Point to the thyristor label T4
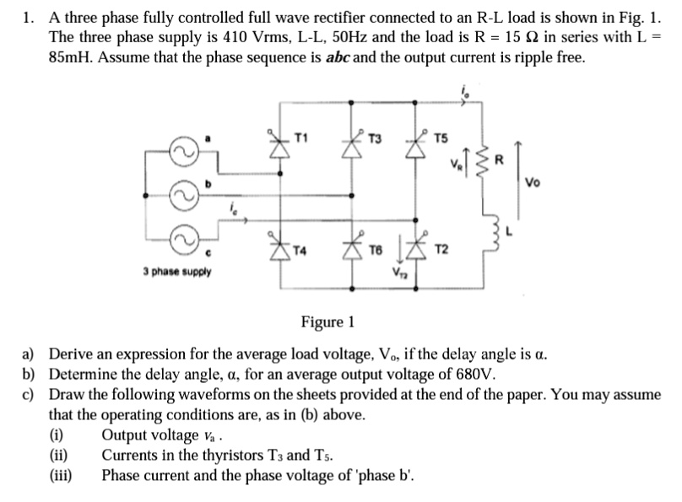coord(300,249)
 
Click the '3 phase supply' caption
coord(177,272)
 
